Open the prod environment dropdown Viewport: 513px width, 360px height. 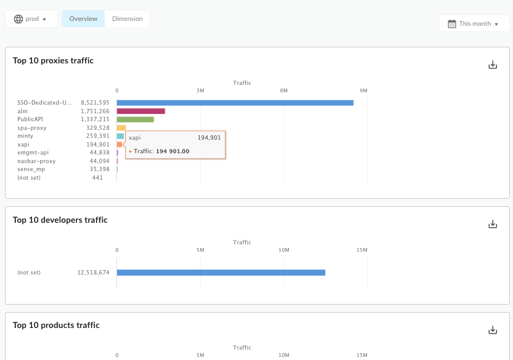coord(31,19)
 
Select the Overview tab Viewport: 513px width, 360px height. coord(83,19)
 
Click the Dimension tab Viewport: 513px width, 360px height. coord(127,19)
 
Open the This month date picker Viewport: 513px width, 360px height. coord(473,23)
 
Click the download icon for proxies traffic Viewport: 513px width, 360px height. coord(492,65)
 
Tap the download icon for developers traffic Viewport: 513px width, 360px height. coord(492,224)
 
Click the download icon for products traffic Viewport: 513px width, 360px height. coord(492,330)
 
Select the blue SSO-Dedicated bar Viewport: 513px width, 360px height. coord(235,103)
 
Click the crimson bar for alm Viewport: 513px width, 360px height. coord(140,111)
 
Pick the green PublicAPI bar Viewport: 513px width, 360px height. coord(135,119)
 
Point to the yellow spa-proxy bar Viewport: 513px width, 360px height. coord(121,128)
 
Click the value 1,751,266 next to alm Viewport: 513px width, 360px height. coord(95,111)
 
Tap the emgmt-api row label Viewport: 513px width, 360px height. coord(33,153)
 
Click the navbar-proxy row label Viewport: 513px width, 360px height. coord(36,161)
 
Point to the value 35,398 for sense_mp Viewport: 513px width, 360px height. coord(99,169)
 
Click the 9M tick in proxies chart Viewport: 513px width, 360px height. coord(363,91)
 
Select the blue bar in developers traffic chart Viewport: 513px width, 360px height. coord(220,273)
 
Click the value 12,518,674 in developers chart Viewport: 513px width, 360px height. coord(93,273)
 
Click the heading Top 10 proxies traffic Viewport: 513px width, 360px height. coord(53,61)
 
